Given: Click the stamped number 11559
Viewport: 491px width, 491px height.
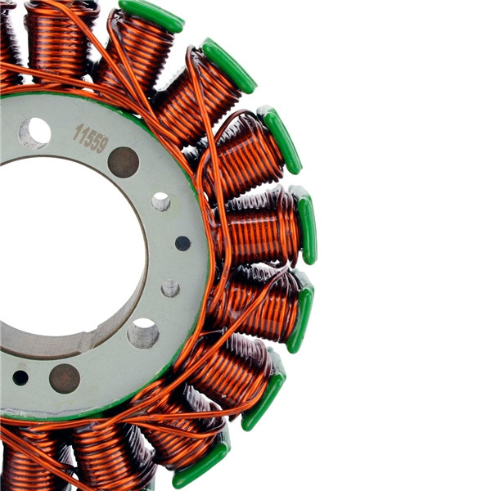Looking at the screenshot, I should (91, 137).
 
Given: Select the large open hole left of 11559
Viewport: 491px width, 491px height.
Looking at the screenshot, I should (34, 132).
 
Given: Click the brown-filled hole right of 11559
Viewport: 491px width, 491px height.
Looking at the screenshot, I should (124, 162).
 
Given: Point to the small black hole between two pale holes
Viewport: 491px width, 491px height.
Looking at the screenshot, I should (182, 243).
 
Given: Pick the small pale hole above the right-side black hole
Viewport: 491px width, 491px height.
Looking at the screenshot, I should (161, 201).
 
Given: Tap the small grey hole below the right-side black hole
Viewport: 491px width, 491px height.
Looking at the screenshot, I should (170, 288).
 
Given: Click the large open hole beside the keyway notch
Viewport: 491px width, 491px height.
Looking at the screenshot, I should (142, 333).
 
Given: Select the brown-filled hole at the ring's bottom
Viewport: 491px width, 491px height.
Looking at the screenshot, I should (65, 378).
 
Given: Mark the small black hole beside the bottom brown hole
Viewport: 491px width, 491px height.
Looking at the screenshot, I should (20, 377).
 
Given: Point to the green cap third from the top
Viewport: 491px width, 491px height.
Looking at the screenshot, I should (280, 139).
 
